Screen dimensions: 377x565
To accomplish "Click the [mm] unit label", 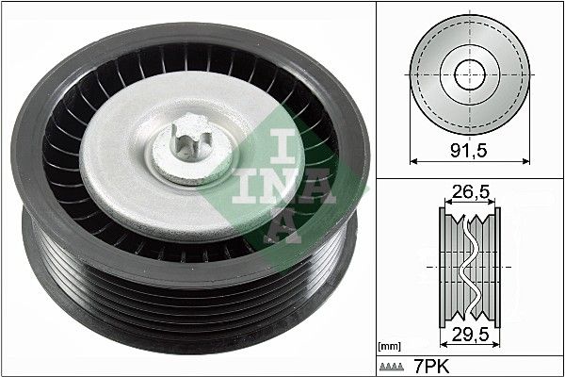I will [389, 346].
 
